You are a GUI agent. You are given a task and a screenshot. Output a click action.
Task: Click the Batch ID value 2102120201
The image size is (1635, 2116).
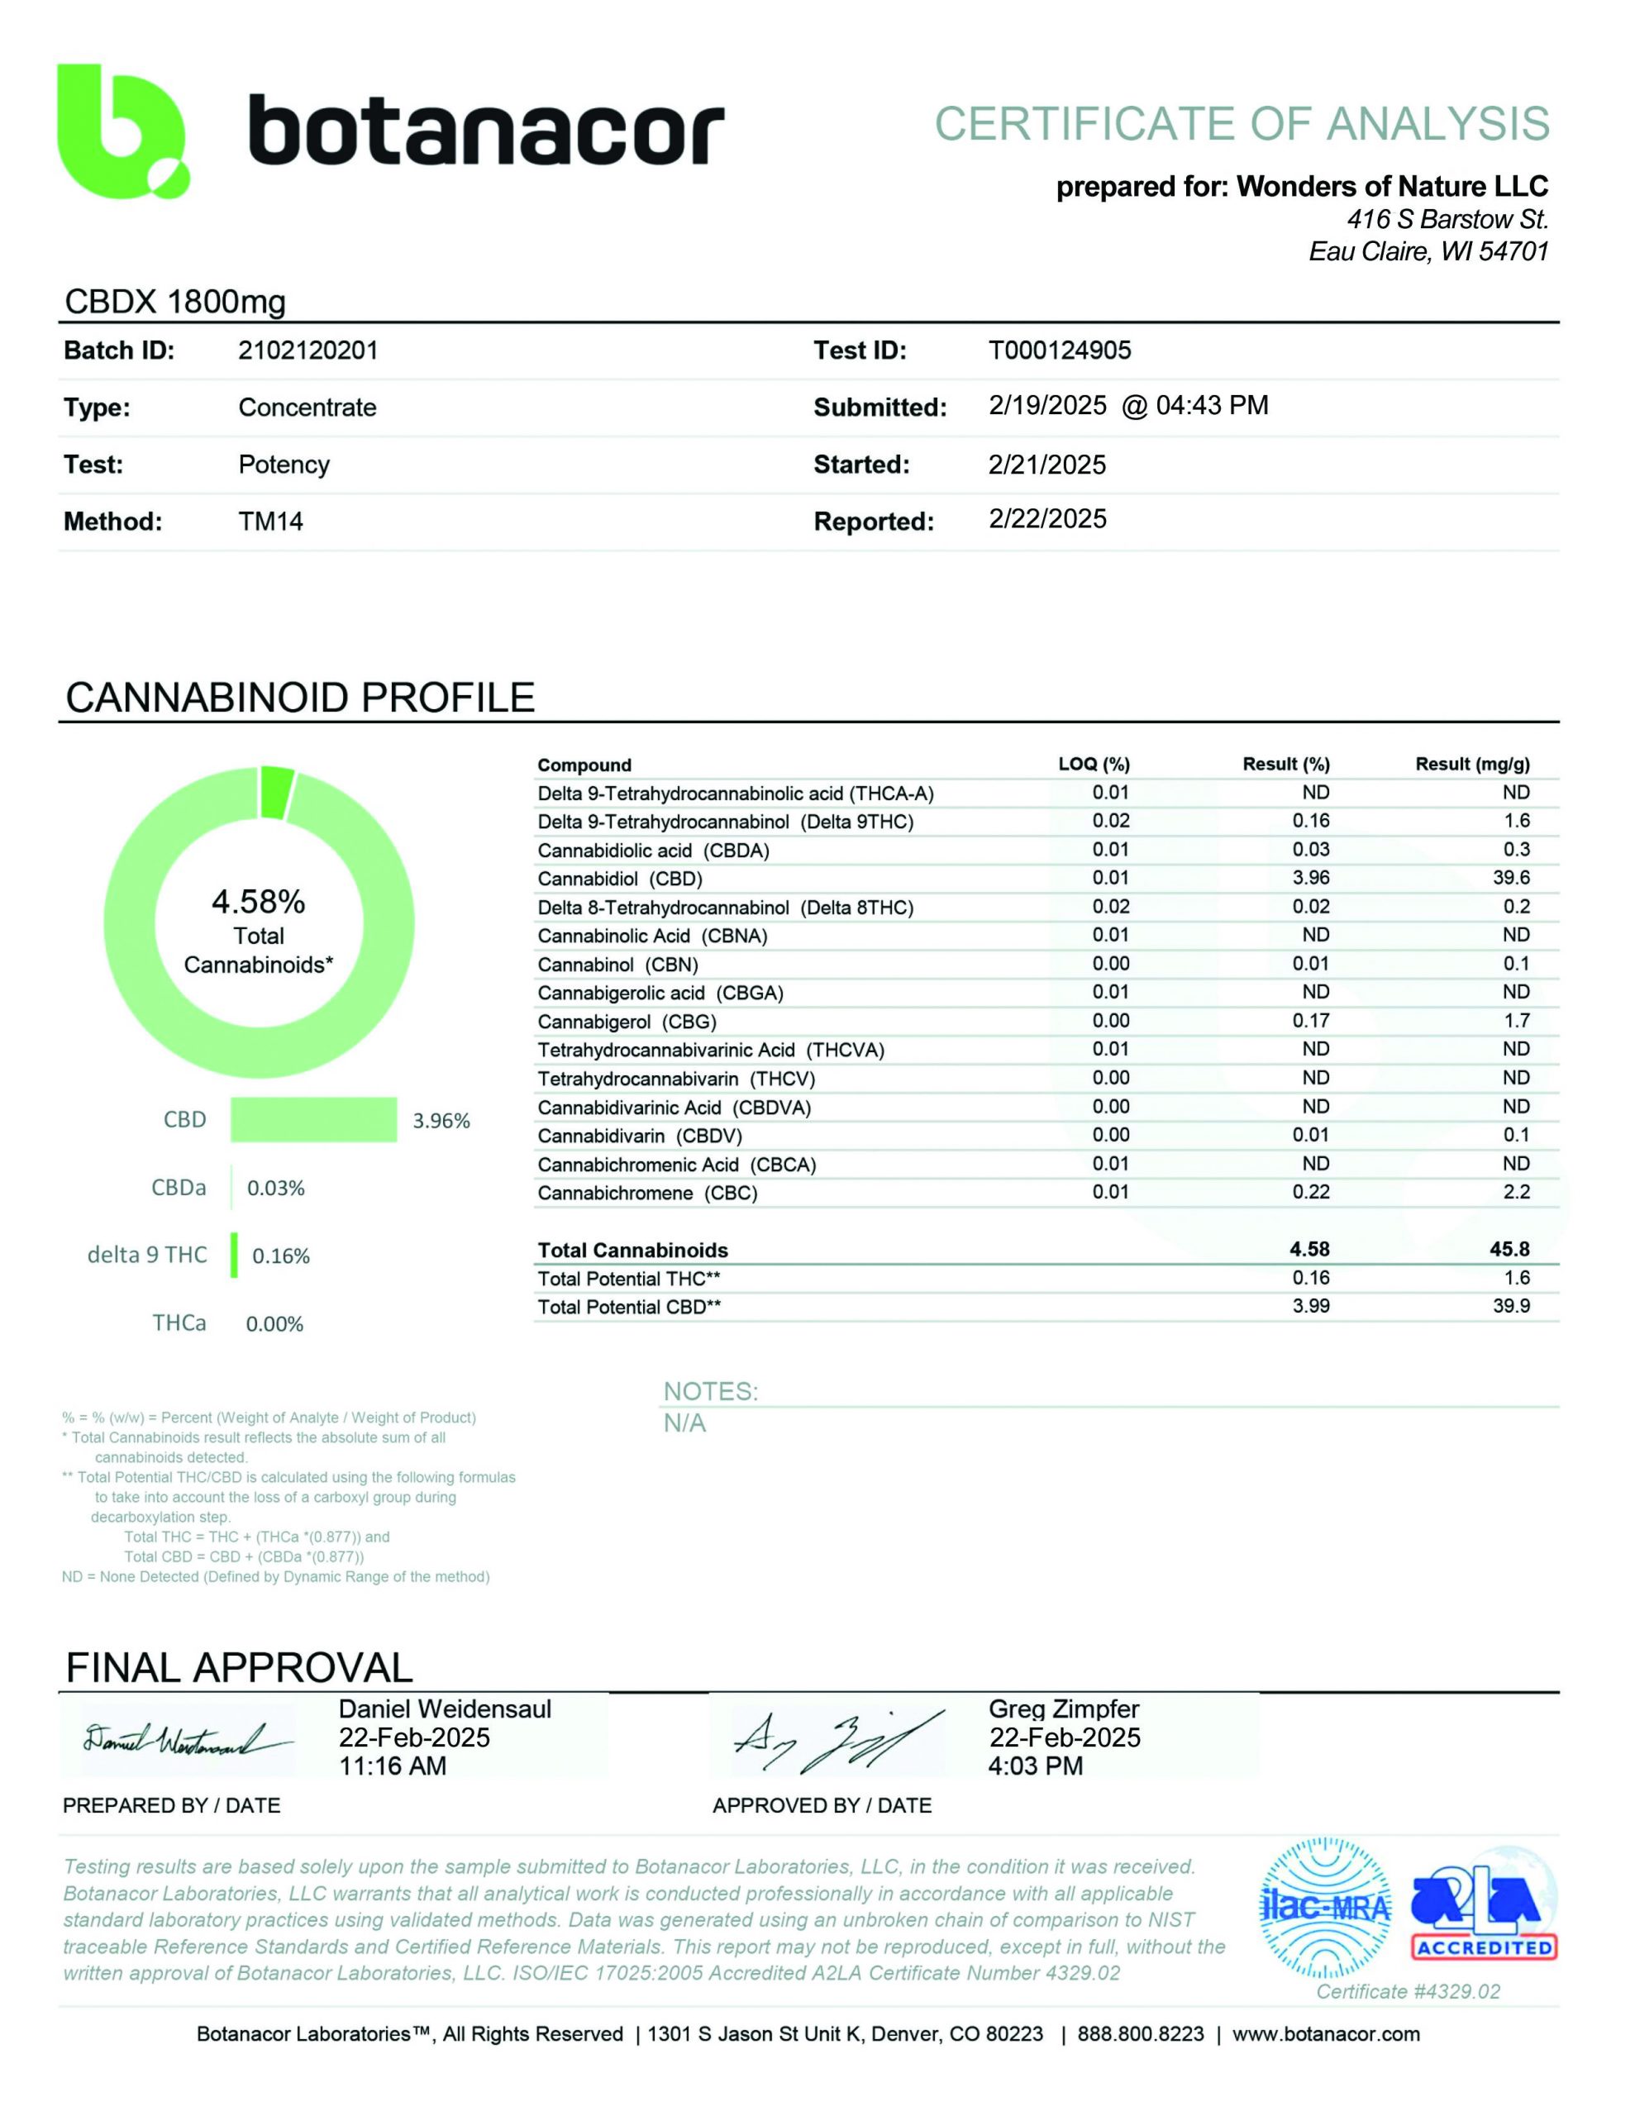click(307, 350)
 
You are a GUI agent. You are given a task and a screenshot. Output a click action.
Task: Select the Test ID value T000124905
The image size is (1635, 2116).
click(1060, 350)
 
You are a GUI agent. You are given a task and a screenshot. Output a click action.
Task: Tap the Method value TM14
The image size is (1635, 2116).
click(270, 522)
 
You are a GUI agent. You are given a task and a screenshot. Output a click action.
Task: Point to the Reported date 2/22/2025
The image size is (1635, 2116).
click(1046, 519)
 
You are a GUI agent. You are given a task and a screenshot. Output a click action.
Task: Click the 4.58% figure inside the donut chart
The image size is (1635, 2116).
click(258, 902)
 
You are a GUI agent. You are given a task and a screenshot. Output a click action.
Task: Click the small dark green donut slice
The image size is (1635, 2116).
click(277, 790)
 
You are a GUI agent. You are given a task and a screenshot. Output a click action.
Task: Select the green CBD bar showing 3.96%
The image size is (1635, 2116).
click(313, 1120)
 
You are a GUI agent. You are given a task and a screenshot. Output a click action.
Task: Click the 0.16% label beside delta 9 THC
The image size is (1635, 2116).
click(281, 1256)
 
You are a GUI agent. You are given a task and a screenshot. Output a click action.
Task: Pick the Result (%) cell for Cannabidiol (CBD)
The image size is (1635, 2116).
click(1310, 878)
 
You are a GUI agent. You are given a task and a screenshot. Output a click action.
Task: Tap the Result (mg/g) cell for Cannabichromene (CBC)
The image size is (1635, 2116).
click(1516, 1192)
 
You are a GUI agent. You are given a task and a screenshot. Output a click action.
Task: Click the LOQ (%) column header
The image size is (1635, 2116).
click(1094, 765)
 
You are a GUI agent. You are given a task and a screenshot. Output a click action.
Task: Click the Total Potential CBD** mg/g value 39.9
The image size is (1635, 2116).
click(1511, 1306)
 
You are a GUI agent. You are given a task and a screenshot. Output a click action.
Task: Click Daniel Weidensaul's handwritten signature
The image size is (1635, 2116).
click(184, 1740)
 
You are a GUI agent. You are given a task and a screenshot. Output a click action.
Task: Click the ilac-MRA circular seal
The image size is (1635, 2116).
click(1324, 1907)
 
